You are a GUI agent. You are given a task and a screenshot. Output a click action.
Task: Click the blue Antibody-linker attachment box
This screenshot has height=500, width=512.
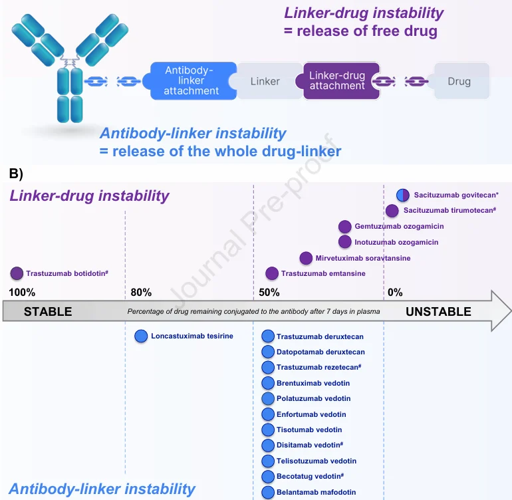click(x=192, y=80)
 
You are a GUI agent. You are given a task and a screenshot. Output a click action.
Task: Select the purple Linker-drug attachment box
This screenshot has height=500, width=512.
click(x=337, y=80)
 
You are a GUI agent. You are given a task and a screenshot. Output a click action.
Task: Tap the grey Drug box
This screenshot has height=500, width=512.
click(x=459, y=82)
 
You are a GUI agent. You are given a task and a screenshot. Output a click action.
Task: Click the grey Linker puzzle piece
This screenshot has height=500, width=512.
click(x=265, y=82)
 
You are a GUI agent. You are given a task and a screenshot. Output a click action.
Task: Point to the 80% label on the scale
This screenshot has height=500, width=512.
click(x=141, y=293)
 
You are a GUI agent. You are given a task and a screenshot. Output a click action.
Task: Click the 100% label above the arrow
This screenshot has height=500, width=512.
click(x=23, y=293)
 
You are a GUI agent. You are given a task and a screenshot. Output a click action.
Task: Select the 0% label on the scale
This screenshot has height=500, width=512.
click(x=396, y=293)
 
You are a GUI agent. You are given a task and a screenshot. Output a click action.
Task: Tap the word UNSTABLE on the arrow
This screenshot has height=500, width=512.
click(x=438, y=312)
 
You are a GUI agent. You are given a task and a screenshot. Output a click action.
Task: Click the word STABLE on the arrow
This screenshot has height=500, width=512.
click(x=48, y=312)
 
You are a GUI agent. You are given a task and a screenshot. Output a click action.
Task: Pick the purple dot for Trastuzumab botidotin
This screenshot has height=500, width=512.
click(x=17, y=273)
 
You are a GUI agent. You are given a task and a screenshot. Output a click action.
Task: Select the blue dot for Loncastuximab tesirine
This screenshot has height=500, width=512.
click(x=141, y=336)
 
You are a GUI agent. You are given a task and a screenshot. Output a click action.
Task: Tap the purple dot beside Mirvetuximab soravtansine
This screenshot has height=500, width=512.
click(x=306, y=258)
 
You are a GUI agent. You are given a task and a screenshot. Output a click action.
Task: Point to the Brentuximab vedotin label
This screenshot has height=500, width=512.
click(x=313, y=383)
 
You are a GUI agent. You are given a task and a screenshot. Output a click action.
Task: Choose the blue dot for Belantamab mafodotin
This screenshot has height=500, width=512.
click(x=268, y=493)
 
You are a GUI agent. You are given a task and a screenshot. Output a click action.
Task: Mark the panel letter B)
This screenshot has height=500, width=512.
click(x=17, y=174)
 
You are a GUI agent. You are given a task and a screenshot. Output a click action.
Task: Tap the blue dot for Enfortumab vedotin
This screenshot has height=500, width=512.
click(x=268, y=414)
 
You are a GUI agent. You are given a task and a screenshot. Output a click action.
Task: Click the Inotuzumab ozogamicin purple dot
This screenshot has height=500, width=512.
click(x=344, y=242)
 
